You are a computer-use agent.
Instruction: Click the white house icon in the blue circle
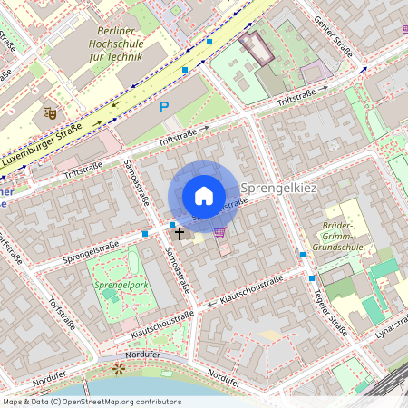point(204,195)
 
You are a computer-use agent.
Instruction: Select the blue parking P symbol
point(164,107)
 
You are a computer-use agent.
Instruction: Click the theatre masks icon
point(50,112)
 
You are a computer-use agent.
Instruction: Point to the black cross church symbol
point(179,233)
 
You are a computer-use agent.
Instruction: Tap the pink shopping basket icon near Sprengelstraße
point(219,233)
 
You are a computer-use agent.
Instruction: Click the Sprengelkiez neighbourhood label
point(278,188)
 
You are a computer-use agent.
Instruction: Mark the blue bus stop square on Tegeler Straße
point(312,277)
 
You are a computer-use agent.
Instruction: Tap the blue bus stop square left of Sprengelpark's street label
point(145,234)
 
